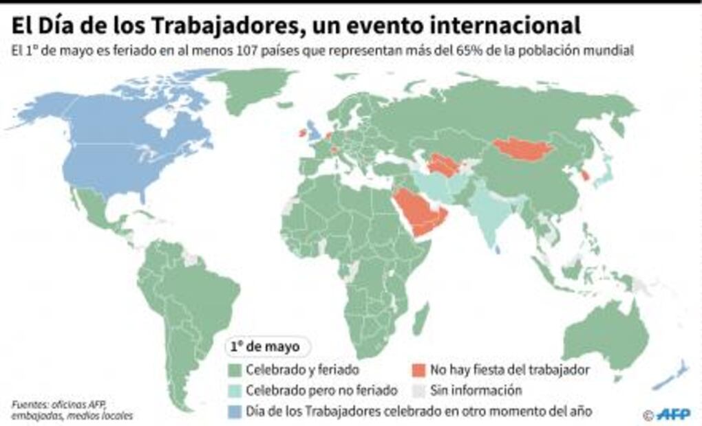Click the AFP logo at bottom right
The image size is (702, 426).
coord(672,414)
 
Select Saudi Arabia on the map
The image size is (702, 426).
coord(418,213)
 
